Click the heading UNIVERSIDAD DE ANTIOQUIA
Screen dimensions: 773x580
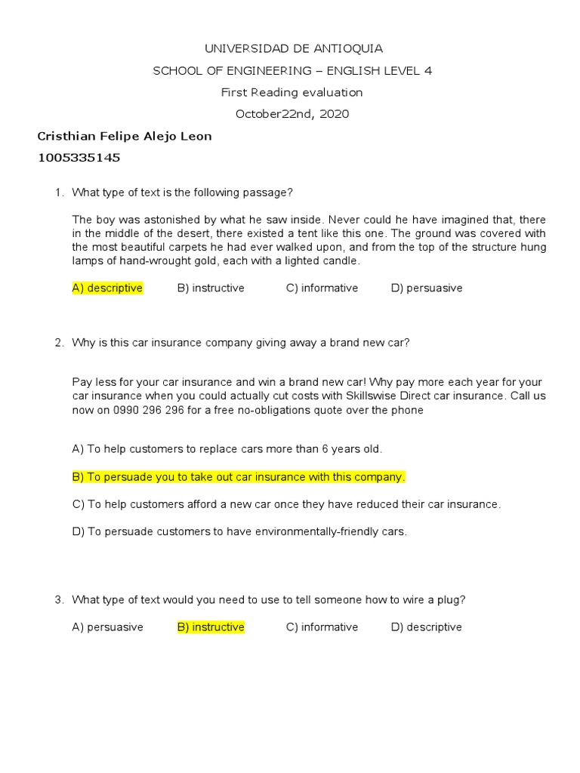point(294,49)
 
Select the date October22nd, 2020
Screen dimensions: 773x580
point(292,114)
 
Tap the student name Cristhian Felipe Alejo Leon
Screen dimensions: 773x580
point(125,137)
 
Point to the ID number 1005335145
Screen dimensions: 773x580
point(79,159)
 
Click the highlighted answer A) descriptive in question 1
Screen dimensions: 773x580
point(107,288)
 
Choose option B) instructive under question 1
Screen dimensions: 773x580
point(211,288)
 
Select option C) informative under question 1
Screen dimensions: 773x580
point(322,288)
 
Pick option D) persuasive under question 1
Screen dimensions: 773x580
point(427,288)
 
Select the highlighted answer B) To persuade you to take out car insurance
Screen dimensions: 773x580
point(238,477)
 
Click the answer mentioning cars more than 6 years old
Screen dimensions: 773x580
point(227,449)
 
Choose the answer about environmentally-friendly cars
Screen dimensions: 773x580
point(239,531)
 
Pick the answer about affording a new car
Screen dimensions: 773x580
point(286,504)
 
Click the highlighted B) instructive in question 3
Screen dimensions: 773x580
point(211,627)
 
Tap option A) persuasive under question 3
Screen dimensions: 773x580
point(107,627)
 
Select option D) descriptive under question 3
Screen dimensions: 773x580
point(426,627)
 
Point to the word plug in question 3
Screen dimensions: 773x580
point(450,600)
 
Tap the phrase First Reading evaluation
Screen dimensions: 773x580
point(292,93)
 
